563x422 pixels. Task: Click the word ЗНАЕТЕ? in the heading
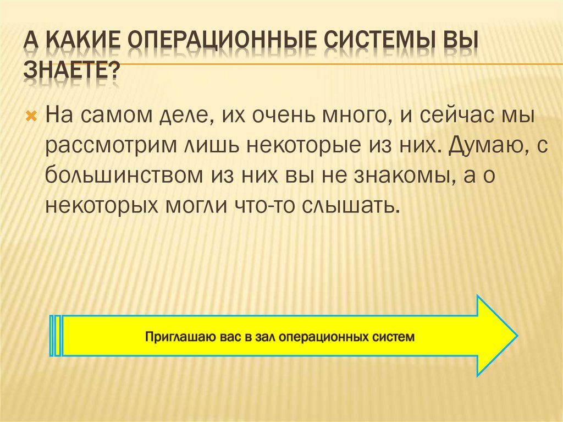pos(71,72)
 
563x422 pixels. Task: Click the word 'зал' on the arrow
pos(264,336)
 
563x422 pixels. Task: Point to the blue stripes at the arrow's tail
pos(56,336)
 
